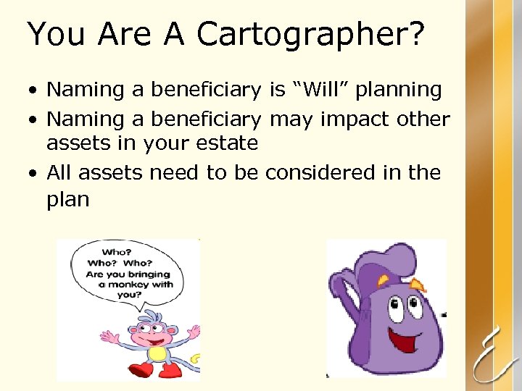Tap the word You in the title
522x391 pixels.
tap(54, 34)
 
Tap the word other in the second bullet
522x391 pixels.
tap(424, 118)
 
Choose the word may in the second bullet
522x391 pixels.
tap(291, 119)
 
